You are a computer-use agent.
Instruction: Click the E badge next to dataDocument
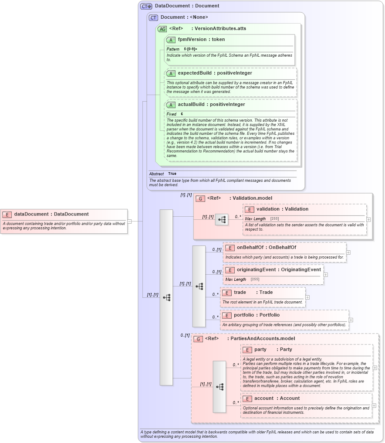click(x=7, y=214)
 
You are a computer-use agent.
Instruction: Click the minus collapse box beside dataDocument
click(x=129, y=221)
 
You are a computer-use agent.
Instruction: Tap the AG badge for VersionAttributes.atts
click(x=162, y=29)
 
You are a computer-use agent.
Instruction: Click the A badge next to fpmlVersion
click(x=171, y=40)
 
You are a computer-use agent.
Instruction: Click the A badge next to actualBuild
click(x=171, y=105)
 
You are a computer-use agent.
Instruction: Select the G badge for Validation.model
click(x=200, y=198)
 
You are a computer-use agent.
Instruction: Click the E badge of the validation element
click(x=249, y=209)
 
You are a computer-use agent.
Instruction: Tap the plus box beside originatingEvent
click(x=325, y=275)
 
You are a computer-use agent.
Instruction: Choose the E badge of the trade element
click(x=226, y=293)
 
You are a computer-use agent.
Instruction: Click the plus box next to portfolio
click(x=351, y=320)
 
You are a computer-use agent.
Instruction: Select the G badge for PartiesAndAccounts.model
click(x=198, y=339)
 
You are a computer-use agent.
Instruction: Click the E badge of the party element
click(x=247, y=350)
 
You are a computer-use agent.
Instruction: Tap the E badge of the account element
click(x=247, y=399)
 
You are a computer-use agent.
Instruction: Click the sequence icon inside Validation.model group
click(x=222, y=219)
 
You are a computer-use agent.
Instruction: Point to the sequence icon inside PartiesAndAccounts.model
click(x=220, y=387)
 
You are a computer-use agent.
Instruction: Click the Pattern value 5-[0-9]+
click(x=190, y=49)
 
